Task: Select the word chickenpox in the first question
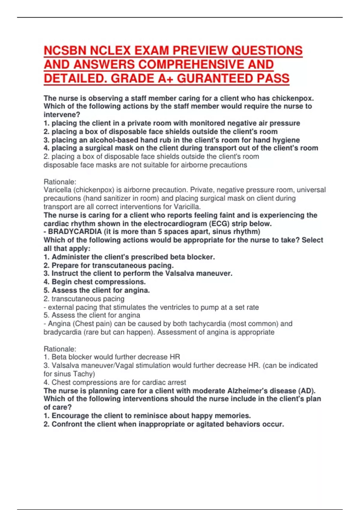292,98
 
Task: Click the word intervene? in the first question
62,115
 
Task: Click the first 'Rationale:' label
60,182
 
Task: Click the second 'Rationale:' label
60,349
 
